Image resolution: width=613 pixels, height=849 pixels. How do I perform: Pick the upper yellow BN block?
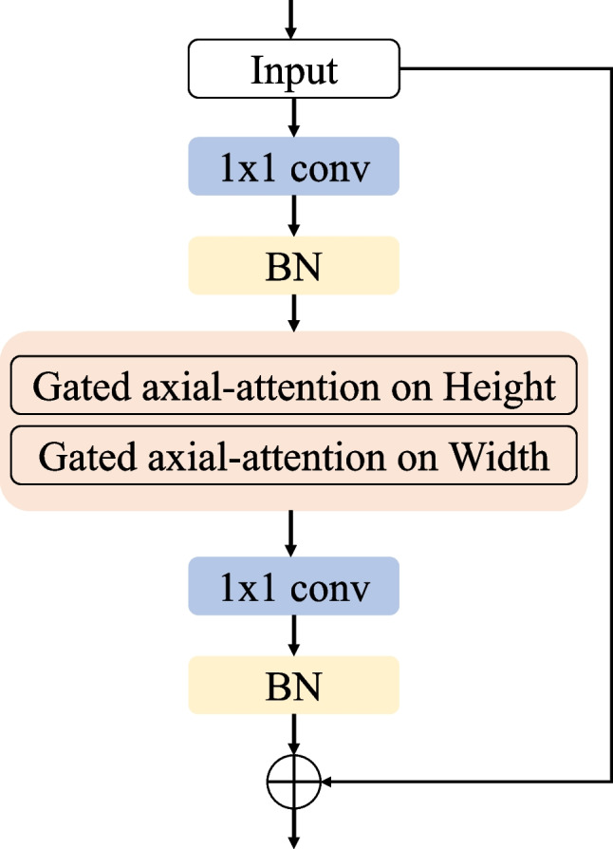coord(293,265)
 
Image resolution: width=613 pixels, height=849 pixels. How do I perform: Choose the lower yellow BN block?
coord(293,685)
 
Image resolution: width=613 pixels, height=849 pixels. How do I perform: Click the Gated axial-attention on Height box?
coord(293,387)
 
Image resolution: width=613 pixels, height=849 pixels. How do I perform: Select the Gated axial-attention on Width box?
coord(293,456)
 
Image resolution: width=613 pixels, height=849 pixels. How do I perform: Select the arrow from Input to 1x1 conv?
coord(293,118)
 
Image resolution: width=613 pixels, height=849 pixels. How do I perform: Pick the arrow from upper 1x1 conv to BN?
coord(293,216)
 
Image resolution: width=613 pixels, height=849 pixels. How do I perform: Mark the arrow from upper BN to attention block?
coord(293,311)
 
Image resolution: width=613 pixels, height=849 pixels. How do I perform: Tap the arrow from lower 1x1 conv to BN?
coord(293,635)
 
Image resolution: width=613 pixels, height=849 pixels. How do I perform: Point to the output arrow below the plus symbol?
coord(293,826)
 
